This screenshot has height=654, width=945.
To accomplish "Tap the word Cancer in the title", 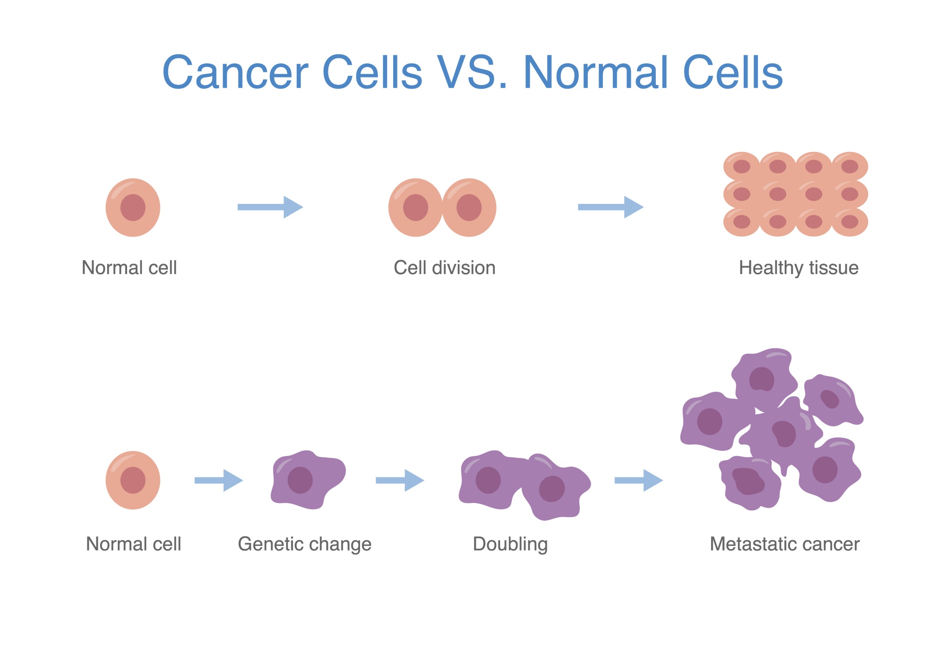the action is pyautogui.click(x=235, y=72).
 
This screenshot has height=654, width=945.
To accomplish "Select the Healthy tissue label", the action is pyautogui.click(x=799, y=268).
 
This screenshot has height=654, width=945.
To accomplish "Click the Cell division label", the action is pyautogui.click(x=445, y=268).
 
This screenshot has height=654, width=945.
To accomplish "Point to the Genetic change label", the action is pyautogui.click(x=305, y=544).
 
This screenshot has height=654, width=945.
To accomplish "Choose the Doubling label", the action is pyautogui.click(x=510, y=544).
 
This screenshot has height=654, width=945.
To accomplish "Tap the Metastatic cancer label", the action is pyautogui.click(x=784, y=544).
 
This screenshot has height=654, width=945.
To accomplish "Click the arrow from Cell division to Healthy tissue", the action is pyautogui.click(x=610, y=207).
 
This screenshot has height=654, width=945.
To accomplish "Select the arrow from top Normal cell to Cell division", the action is pyautogui.click(x=270, y=207).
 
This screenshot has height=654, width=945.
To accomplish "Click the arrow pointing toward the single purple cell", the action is pyautogui.click(x=219, y=480).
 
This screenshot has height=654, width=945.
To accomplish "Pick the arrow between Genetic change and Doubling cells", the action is pyautogui.click(x=400, y=480).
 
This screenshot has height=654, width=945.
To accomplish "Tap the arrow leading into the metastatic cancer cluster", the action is pyautogui.click(x=639, y=480).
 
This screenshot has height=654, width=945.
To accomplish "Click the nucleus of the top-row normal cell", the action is pyautogui.click(x=133, y=207).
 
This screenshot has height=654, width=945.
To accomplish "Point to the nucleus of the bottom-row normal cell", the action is pyautogui.click(x=133, y=480).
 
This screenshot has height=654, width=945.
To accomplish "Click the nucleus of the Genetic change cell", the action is pyautogui.click(x=300, y=480).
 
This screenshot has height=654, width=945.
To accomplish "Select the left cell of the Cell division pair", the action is pyautogui.click(x=415, y=207).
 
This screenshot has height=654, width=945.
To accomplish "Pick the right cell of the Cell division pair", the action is pyautogui.click(x=470, y=207).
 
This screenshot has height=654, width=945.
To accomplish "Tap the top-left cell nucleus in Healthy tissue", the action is pyautogui.click(x=742, y=166).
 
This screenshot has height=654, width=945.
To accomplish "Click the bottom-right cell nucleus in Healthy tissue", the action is pyautogui.click(x=850, y=221).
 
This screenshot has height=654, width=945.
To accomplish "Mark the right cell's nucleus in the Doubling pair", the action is pyautogui.click(x=552, y=489).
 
